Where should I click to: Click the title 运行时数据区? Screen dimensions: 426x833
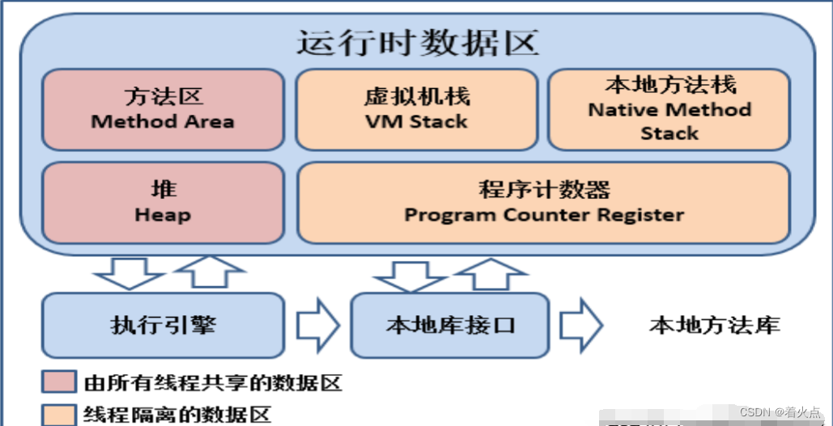[x=417, y=42]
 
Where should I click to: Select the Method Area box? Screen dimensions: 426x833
[x=163, y=110]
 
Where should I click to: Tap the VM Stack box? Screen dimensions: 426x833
[x=416, y=110]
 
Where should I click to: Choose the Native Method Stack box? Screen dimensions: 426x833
[x=669, y=110]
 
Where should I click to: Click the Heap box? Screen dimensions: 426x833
[x=163, y=203]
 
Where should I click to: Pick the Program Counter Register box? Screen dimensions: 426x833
[x=543, y=203]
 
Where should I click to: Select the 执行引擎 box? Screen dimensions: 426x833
[x=163, y=325]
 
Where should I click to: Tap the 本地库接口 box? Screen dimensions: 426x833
[x=450, y=325]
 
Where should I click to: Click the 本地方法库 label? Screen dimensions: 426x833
[x=714, y=325]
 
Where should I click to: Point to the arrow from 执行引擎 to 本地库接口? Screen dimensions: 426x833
[x=317, y=325]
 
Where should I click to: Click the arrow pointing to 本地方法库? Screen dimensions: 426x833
[x=581, y=325]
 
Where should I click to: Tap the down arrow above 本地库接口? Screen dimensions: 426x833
[x=408, y=275]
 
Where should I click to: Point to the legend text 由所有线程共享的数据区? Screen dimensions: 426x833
[x=213, y=382]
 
